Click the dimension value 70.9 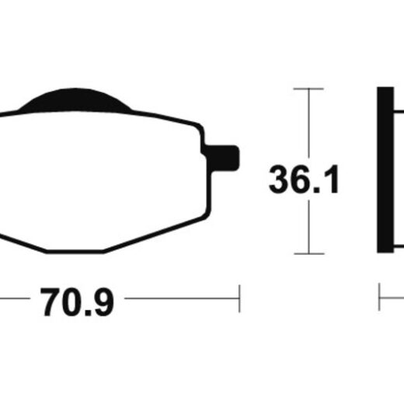click(x=77, y=302)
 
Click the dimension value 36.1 click(x=304, y=179)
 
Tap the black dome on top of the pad click(x=75, y=101)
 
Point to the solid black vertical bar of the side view click(x=385, y=170)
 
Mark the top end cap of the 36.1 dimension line click(x=308, y=89)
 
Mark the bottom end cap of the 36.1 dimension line click(x=309, y=254)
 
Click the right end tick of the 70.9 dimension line click(x=239, y=298)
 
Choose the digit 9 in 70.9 click(x=103, y=302)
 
